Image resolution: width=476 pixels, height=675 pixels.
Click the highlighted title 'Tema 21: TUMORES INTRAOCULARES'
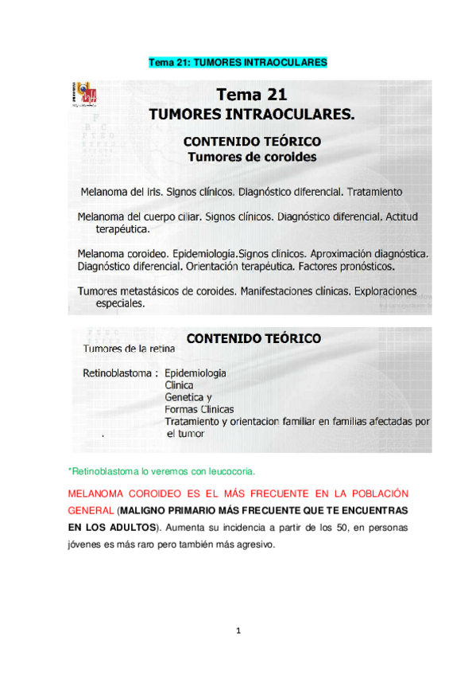[238, 62]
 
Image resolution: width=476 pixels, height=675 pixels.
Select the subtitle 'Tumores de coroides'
[251, 157]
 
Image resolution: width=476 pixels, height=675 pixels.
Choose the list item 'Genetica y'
[188, 397]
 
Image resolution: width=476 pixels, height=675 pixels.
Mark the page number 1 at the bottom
[238, 632]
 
